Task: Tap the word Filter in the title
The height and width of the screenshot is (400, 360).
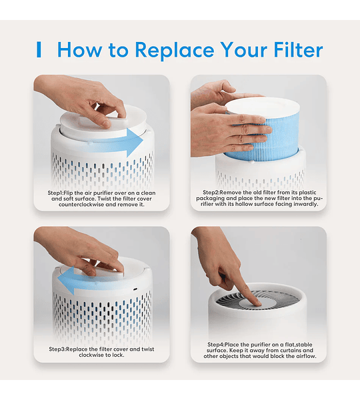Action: click(x=298, y=49)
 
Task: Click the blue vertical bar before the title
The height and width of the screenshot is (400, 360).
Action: click(x=39, y=49)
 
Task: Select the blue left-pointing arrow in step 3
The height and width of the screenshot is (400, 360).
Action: click(x=84, y=281)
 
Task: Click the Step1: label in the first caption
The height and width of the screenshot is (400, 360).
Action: click(x=55, y=193)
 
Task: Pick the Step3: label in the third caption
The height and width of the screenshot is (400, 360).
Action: click(x=57, y=349)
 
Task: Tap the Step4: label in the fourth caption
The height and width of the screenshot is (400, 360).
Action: click(x=216, y=345)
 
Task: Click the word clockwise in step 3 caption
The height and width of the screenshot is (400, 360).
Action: click(x=91, y=355)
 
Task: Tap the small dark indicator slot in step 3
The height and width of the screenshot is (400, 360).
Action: click(x=135, y=289)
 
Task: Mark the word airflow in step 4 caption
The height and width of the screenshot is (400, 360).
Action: click(x=305, y=357)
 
